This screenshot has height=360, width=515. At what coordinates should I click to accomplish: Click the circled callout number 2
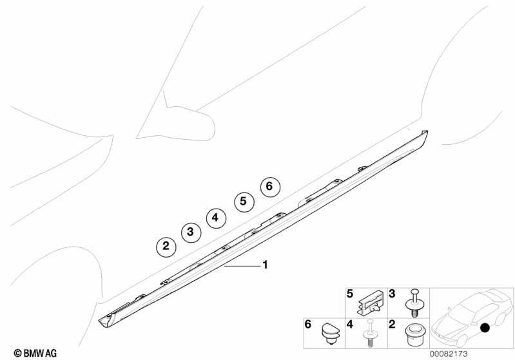166,246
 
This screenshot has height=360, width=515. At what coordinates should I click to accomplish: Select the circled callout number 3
191,232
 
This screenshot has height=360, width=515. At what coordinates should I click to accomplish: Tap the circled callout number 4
216,218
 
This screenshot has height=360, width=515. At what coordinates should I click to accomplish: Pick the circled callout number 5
244,201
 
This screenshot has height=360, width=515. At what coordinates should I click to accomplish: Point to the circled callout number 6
270,186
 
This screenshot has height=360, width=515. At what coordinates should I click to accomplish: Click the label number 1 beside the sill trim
266,265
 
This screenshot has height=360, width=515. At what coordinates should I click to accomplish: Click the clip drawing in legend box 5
370,303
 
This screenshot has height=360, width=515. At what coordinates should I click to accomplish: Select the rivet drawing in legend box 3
414,303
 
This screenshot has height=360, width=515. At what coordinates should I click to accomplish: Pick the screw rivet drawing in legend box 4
370,333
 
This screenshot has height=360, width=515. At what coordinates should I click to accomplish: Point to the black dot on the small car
485,328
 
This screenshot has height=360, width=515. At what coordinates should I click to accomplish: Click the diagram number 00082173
449,354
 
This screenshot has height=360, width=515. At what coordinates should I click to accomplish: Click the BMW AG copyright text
35,353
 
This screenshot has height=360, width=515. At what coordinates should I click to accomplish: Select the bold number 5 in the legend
350,294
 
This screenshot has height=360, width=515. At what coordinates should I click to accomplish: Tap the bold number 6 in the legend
307,324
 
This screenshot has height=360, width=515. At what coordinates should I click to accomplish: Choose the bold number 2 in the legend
392,324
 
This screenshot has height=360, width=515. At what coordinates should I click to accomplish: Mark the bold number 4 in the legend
350,324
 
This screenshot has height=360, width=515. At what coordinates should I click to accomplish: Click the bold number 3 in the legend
392,294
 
